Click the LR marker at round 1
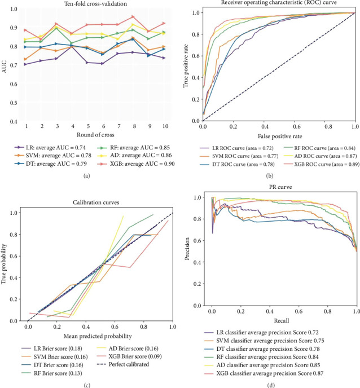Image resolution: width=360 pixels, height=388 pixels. point(25,64)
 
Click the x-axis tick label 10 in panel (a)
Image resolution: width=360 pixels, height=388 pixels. point(164,127)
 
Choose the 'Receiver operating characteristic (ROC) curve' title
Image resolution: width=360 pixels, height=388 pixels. point(280,5)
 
